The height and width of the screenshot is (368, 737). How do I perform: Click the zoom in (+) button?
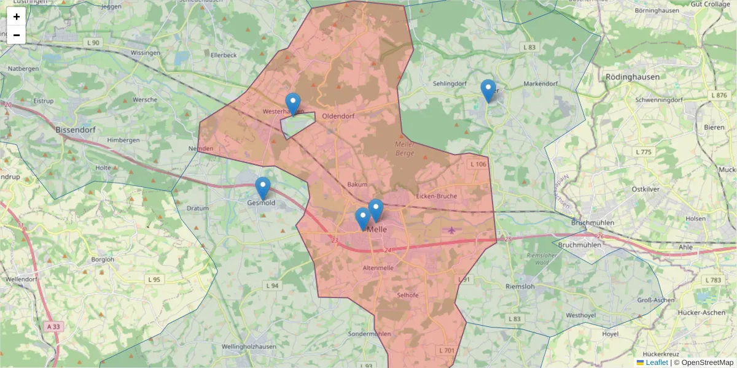[17, 17]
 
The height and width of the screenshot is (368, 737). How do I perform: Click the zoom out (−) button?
[17, 35]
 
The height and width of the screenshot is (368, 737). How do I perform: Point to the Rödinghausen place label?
[632, 77]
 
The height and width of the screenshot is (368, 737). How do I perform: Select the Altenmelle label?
[378, 268]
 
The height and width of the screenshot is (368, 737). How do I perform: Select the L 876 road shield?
[718, 95]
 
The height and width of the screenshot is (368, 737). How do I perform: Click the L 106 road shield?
[478, 164]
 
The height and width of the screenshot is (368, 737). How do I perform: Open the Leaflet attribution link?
[657, 362]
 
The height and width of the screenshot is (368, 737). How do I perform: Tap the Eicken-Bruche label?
[436, 196]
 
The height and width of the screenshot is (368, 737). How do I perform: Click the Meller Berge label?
[405, 148]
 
